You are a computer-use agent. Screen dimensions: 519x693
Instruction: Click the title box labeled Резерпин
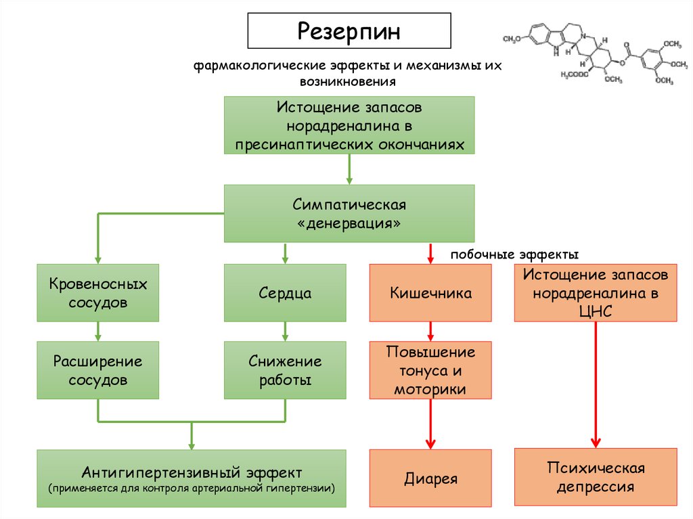click(x=349, y=32)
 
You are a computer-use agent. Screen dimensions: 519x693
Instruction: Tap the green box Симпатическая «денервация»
click(x=349, y=213)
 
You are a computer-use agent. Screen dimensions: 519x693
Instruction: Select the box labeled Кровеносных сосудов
click(x=98, y=292)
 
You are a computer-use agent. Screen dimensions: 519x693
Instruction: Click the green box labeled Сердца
click(x=285, y=292)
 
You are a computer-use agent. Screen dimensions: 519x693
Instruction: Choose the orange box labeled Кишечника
click(x=430, y=292)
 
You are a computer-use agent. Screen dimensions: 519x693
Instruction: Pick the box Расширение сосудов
click(x=98, y=369)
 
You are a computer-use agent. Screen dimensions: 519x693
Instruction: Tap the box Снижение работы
click(x=285, y=369)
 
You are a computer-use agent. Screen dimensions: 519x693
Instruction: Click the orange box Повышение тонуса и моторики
click(x=430, y=370)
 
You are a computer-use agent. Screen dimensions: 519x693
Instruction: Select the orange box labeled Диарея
click(x=430, y=478)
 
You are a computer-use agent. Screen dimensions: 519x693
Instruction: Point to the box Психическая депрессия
click(x=596, y=476)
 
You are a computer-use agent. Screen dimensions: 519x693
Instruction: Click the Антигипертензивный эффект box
click(x=192, y=478)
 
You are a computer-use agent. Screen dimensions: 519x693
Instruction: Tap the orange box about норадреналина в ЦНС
click(x=596, y=292)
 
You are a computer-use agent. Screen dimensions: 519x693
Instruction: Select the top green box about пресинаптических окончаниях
click(x=349, y=126)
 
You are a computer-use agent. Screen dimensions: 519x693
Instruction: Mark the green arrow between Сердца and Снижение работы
click(x=285, y=331)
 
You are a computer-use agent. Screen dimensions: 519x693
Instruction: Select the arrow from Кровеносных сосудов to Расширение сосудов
click(x=98, y=331)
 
